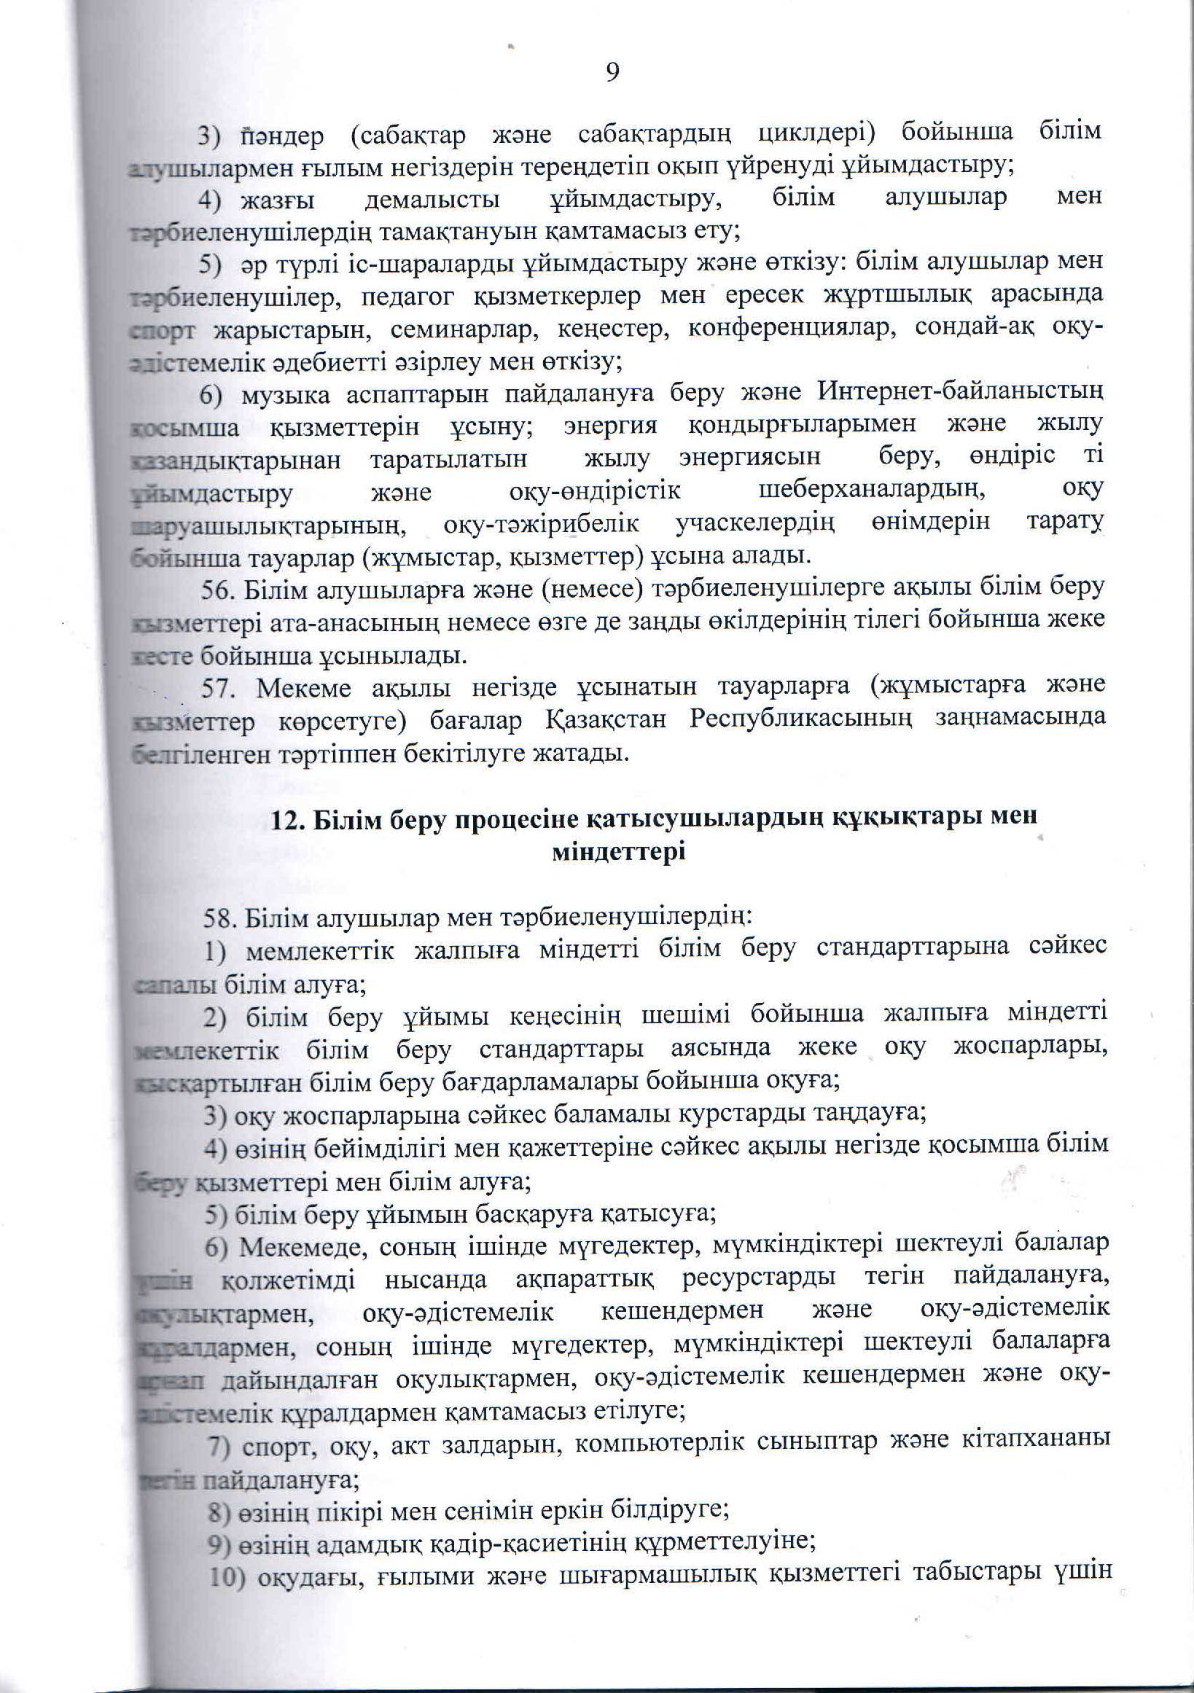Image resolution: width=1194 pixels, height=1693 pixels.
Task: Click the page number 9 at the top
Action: tap(612, 72)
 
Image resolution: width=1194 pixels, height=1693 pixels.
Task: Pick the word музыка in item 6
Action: tap(284, 394)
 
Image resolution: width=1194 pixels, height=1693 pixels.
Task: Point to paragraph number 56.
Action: tap(219, 587)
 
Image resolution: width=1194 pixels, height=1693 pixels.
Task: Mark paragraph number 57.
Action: tap(219, 686)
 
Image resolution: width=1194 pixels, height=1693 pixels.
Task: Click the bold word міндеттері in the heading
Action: tap(618, 853)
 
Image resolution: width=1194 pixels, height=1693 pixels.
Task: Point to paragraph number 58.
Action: tap(219, 920)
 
